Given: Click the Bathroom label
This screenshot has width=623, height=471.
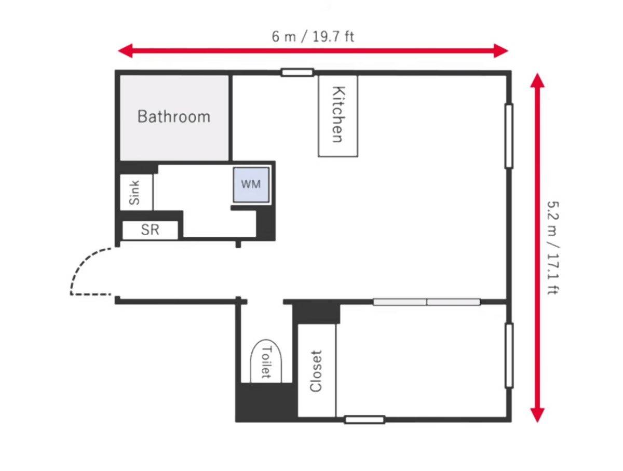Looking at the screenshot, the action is [174, 116].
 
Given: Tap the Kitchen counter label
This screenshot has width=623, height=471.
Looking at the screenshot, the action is [338, 114].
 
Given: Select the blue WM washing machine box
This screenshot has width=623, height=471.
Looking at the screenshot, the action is [251, 184].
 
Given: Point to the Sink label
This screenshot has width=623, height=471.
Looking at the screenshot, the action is [134, 193].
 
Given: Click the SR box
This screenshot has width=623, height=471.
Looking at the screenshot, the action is [150, 230].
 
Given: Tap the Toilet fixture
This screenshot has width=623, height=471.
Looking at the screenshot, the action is [266, 361].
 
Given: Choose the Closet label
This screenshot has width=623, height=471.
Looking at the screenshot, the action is [316, 371].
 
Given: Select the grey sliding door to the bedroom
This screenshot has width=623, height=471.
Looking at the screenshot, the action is [426, 302].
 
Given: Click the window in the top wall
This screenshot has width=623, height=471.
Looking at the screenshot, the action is [297, 72].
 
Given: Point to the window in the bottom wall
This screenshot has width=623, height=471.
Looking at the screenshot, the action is [364, 420].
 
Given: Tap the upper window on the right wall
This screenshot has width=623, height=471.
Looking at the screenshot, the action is [509, 136].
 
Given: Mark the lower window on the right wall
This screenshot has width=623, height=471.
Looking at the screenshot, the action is [509, 356].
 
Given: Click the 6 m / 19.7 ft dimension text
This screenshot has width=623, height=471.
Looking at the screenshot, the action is [313, 37].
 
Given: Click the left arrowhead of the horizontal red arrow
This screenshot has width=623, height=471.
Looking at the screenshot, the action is [125, 51].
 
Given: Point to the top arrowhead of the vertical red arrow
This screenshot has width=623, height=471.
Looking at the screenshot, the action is [537, 80].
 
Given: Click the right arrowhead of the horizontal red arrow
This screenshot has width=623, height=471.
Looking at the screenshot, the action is [501, 51].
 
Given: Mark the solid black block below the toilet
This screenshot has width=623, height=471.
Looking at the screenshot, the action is [266, 402].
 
